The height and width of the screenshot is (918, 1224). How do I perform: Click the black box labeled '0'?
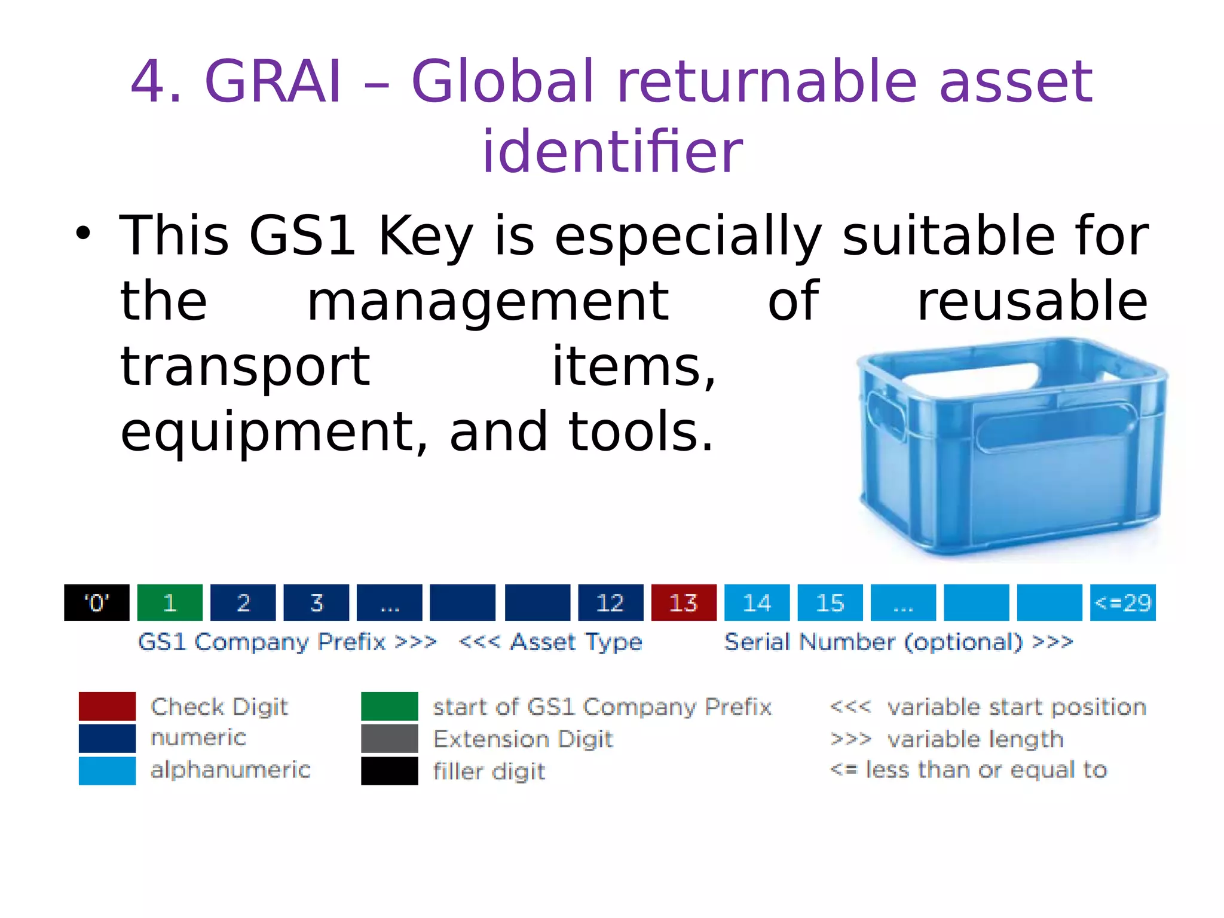(96, 602)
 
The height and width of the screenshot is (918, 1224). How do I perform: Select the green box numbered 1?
(170, 602)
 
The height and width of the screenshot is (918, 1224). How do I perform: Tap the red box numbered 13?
(684, 602)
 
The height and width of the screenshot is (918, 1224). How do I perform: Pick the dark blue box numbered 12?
(610, 602)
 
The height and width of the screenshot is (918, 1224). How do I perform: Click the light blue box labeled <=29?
(1122, 602)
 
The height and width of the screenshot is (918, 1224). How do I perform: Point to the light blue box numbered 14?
(757, 602)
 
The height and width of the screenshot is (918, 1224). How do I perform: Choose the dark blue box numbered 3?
(316, 602)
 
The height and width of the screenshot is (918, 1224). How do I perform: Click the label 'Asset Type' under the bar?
(576, 642)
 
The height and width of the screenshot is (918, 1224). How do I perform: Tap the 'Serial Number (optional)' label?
(873, 642)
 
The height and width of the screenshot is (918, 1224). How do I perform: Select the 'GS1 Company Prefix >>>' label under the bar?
(287, 642)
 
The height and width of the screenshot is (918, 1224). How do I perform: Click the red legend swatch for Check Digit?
(107, 706)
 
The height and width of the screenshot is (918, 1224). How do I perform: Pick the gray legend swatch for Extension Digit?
(389, 739)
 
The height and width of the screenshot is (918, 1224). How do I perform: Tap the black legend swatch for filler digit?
(389, 770)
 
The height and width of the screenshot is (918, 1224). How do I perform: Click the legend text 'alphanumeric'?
(230, 770)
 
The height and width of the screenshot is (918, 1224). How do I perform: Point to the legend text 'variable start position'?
(1016, 707)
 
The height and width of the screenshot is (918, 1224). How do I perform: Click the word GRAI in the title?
(273, 81)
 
